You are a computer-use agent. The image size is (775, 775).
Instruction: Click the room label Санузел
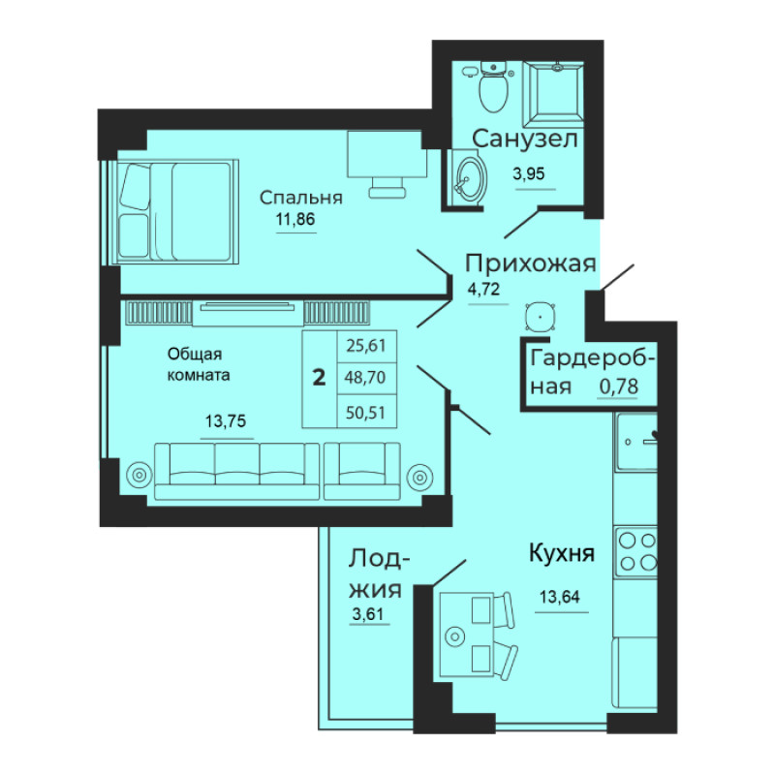pos(525,139)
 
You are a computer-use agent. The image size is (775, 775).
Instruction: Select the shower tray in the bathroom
pos(553,94)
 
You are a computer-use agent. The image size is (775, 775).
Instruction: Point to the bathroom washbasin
pos(469,177)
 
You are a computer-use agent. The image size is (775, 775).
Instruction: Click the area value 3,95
pos(529,174)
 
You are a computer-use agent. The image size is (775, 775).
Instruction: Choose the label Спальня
pos(301,198)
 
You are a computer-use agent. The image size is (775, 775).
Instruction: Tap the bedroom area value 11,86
pos(295,219)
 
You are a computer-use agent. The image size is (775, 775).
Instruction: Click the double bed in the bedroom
pos(175,211)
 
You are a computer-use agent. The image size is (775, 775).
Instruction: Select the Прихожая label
pos(530,263)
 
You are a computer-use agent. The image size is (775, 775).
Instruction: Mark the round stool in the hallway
pos(541,317)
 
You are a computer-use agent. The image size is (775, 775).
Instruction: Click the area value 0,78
pos(618,387)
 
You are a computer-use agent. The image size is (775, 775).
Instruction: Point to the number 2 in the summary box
pos(320,378)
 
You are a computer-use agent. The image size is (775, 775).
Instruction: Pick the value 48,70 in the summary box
pos(366,378)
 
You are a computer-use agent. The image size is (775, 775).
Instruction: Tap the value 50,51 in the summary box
pos(366,413)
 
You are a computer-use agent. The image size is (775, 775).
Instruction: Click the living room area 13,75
pos(226,421)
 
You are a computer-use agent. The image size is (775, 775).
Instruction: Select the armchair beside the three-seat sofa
pos(362,471)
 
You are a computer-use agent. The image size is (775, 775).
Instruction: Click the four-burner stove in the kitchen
pos(635,551)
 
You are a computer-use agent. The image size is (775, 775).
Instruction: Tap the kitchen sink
pos(636,442)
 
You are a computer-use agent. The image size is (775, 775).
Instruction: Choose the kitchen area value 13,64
pos(560,597)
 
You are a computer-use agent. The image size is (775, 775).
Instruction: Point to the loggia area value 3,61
pos(368,614)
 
